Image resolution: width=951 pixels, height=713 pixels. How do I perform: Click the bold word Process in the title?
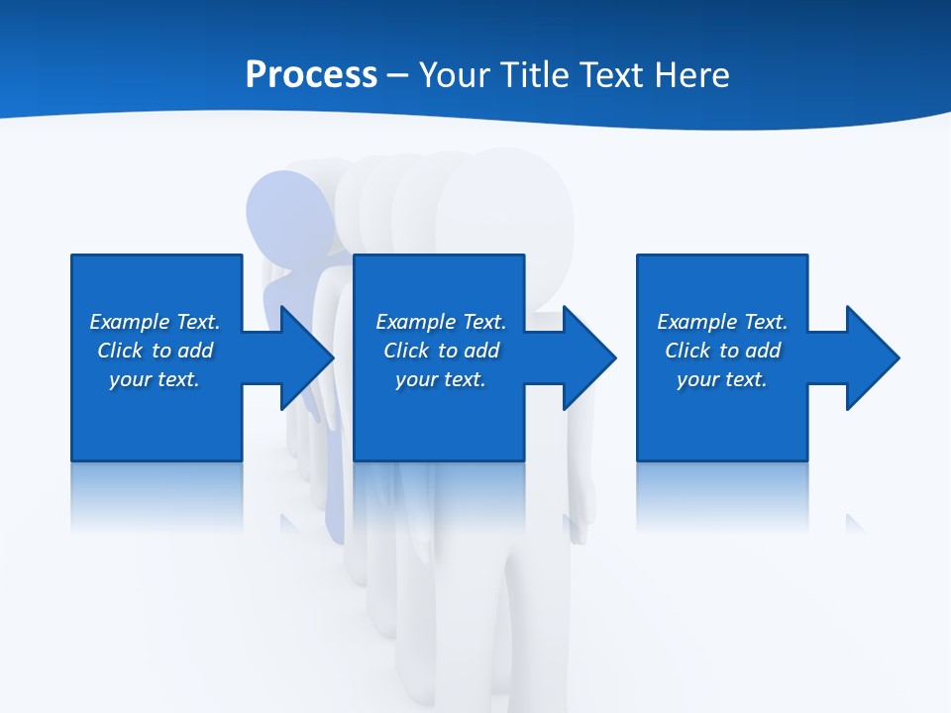click(311, 75)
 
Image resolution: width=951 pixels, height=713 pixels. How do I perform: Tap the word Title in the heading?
click(538, 75)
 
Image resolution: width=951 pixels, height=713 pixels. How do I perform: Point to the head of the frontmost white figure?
click(505, 203)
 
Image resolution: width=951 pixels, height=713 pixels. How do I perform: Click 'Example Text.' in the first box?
click(155, 322)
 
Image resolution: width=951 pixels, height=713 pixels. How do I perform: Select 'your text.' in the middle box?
click(440, 379)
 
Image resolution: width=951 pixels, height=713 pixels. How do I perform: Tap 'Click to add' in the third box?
click(723, 351)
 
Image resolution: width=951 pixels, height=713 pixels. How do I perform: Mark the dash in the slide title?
click(398, 75)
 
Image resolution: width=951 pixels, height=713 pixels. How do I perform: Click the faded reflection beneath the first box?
click(157, 495)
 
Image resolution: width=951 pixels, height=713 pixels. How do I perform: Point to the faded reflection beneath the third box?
click(721, 495)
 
